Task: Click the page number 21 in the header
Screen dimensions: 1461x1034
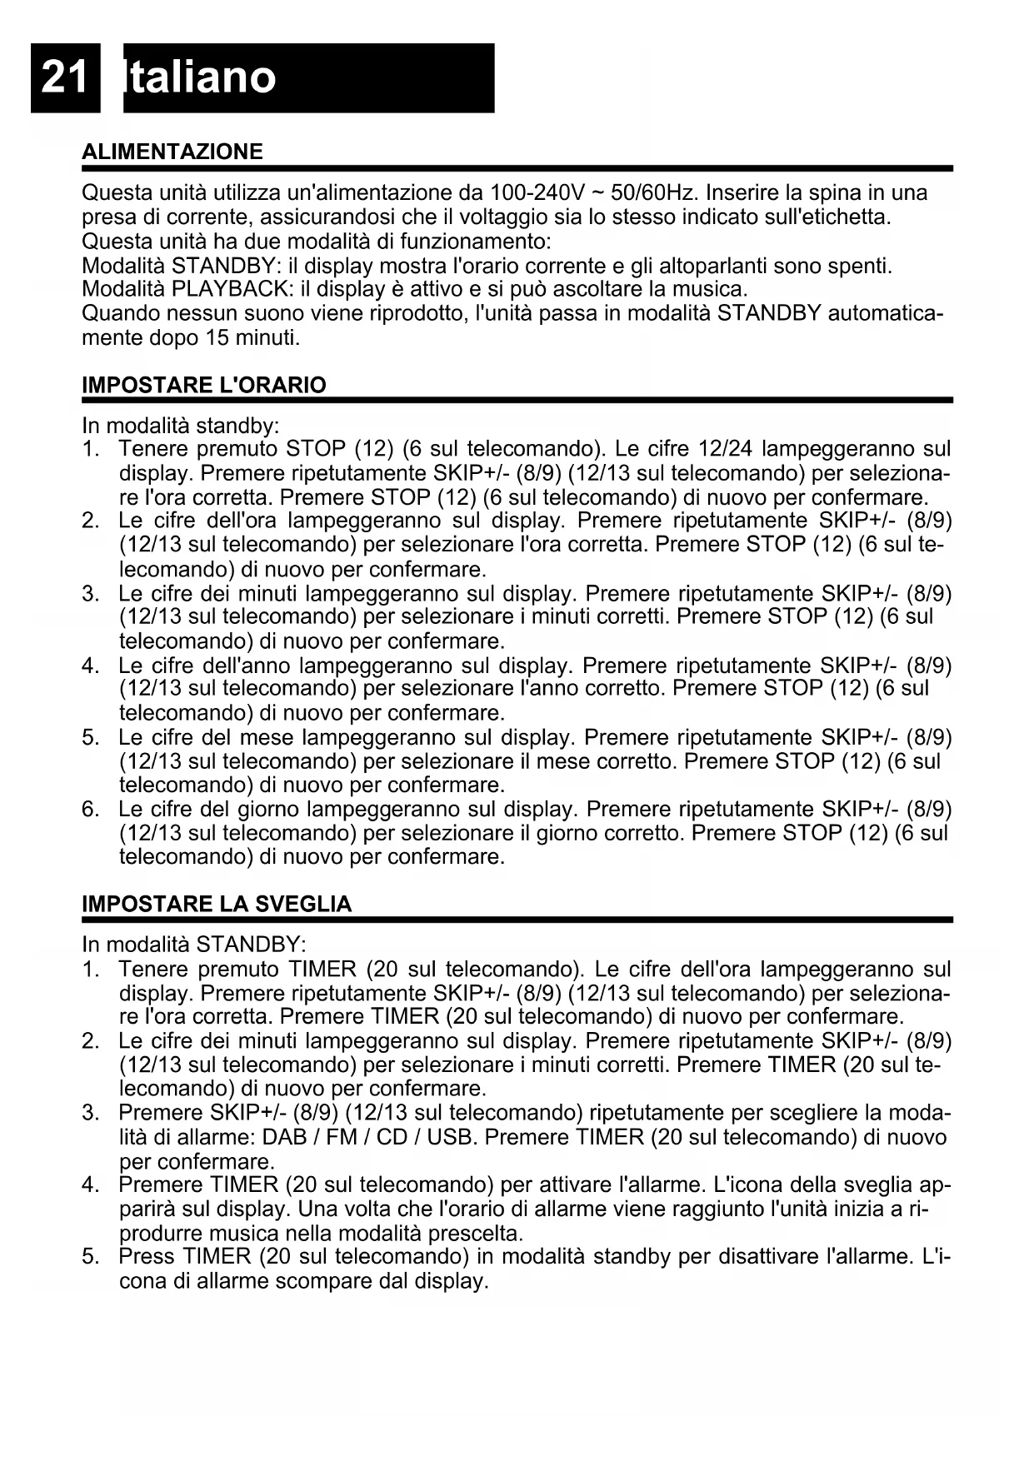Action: coord(64,78)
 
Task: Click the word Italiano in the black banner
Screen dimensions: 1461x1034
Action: coord(200,78)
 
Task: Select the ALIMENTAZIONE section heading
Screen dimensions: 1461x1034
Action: coord(172,152)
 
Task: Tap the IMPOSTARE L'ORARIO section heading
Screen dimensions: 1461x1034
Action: coord(204,385)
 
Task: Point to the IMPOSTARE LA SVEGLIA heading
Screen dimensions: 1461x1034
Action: coord(217,905)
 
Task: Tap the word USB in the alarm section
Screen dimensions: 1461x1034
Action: coord(450,1138)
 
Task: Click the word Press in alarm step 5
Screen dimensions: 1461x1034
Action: coord(147,1257)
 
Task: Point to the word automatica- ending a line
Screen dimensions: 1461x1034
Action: coord(886,314)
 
